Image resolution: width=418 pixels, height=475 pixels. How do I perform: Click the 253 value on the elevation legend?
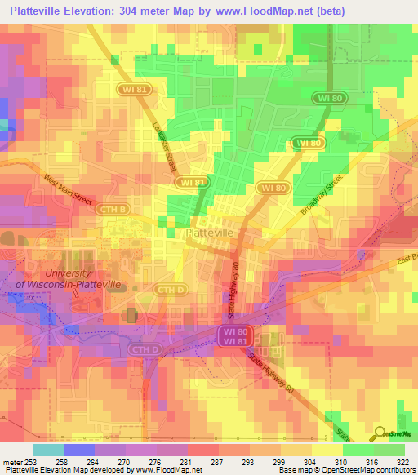pyautogui.click(x=33, y=461)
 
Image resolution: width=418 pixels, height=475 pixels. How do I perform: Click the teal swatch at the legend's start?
pyautogui.click(x=48, y=449)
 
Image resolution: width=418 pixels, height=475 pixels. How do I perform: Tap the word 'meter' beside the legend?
pyautogui.click(x=11, y=461)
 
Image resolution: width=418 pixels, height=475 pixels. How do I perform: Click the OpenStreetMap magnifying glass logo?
pyautogui.click(x=381, y=435)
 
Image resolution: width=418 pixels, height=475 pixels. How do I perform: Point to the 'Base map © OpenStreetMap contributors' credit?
pyautogui.click(x=346, y=471)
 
